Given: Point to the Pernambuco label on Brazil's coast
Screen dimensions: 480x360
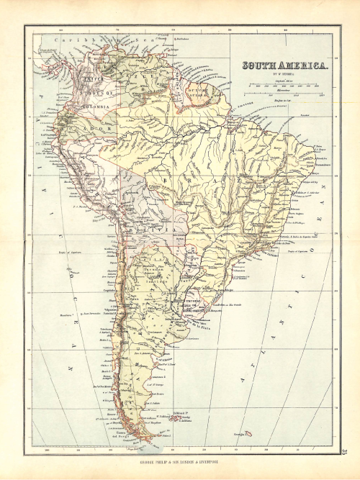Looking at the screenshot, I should [322, 164].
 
